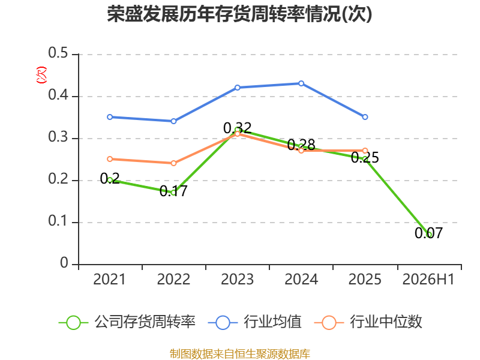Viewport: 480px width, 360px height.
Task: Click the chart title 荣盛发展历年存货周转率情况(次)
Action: (x=239, y=14)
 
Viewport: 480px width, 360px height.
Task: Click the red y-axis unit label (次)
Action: (x=41, y=75)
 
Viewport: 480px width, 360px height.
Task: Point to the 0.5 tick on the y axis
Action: (x=58, y=53)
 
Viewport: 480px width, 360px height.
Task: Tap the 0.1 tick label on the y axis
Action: (x=58, y=221)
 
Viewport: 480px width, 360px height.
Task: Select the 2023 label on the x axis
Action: (x=237, y=279)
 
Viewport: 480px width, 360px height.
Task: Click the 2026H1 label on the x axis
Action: (x=428, y=279)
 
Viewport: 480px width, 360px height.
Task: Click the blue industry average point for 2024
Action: (x=301, y=83)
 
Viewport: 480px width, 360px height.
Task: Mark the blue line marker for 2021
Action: (x=110, y=117)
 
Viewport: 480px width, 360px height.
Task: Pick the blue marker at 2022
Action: (x=173, y=121)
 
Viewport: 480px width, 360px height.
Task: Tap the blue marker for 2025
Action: (x=365, y=117)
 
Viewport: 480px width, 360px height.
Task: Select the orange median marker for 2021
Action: (x=110, y=159)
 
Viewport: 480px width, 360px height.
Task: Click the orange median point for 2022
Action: (x=173, y=163)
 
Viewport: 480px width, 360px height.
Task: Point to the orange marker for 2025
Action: (x=365, y=151)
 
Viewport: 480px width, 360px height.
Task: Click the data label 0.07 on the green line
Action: (x=428, y=233)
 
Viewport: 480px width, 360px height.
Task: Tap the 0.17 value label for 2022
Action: (x=173, y=191)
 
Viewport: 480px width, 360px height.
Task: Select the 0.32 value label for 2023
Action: (x=237, y=128)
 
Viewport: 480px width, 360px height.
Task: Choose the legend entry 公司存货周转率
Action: (x=127, y=322)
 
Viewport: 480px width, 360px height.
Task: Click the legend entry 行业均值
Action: (x=254, y=322)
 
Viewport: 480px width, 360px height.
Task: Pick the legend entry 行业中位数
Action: (x=368, y=322)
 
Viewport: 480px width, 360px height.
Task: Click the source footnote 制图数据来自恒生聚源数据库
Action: (x=240, y=354)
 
